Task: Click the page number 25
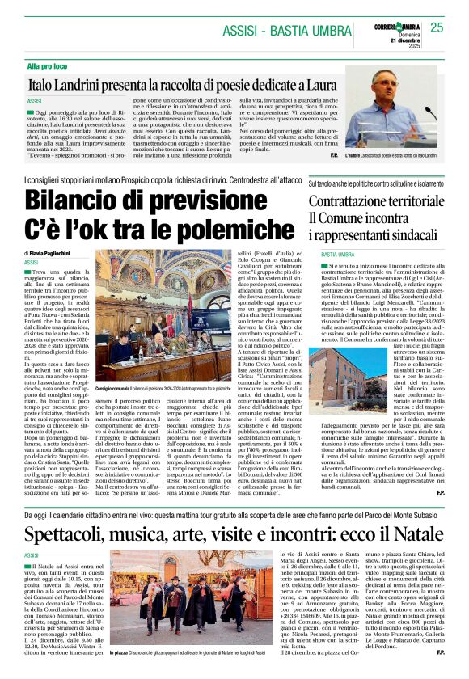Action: pyautogui.click(x=437, y=27)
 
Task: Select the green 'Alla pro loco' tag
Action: pyautogui.click(x=47, y=65)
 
